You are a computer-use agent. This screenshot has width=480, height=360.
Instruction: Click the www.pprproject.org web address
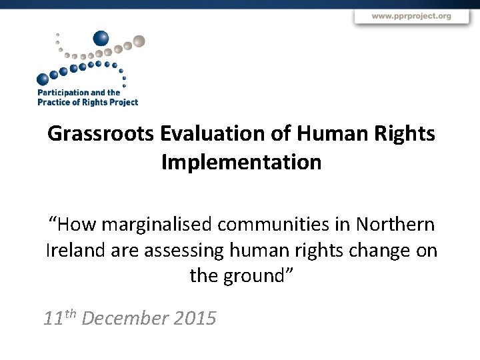(x=411, y=16)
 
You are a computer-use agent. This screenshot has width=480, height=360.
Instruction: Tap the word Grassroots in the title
(x=101, y=134)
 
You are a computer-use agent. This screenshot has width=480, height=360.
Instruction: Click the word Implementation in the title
(x=241, y=162)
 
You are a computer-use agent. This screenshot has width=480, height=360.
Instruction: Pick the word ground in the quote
(x=253, y=275)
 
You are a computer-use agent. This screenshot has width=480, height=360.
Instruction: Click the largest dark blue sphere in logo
(x=101, y=39)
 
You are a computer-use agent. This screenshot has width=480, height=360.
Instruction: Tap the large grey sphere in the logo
(x=137, y=42)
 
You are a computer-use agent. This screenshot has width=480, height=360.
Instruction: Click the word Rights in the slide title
(x=405, y=134)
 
